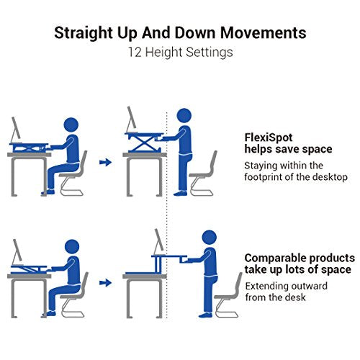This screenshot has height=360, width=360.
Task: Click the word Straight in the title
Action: pos(84,33)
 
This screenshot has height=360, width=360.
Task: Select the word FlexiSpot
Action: pos(269,138)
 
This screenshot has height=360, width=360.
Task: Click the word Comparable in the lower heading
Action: pos(275,258)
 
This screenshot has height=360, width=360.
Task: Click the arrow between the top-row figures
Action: pos(106,163)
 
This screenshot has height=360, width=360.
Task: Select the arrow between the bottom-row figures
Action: pos(106,283)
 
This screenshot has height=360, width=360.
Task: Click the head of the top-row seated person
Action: pos(71,125)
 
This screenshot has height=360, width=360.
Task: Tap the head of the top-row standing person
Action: pos(184,116)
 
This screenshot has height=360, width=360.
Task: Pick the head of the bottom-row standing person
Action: pos(210,238)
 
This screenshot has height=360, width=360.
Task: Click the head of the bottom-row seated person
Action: pos(72,247)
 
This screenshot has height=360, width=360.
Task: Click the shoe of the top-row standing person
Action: pos(180,193)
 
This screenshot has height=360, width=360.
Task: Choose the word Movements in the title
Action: pos(264,33)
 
